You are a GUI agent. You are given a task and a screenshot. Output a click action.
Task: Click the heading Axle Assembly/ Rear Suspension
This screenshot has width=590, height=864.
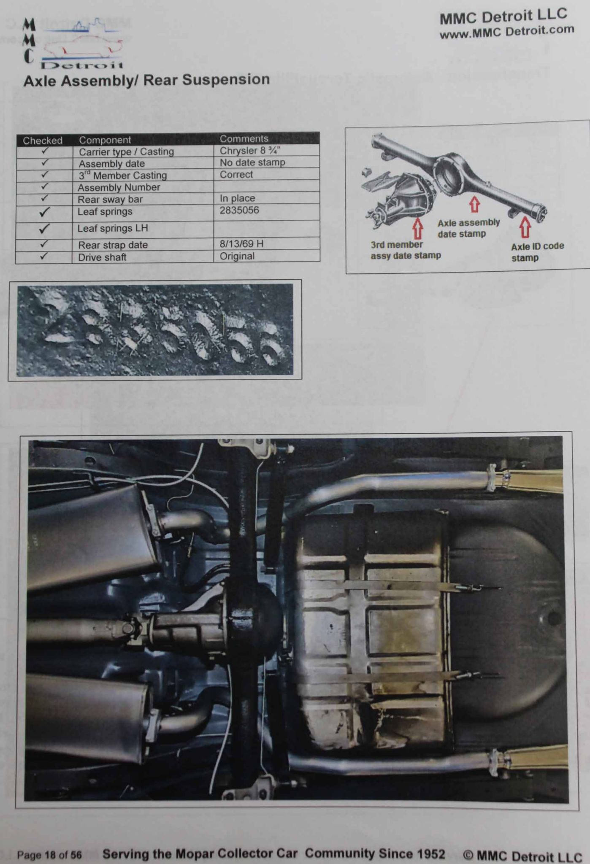point(146,80)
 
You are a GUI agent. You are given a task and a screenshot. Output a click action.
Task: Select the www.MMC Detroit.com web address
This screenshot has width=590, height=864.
point(507,32)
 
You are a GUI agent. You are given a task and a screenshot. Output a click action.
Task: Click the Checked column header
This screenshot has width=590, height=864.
point(43,140)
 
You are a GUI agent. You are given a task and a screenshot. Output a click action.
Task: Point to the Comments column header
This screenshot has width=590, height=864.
point(244,139)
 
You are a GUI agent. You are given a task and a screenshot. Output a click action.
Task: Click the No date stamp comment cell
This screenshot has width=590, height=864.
point(252,162)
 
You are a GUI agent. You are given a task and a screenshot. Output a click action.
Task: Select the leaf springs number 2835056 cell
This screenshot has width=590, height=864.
point(239,210)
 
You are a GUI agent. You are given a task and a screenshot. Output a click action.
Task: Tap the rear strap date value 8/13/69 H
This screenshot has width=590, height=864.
point(242,244)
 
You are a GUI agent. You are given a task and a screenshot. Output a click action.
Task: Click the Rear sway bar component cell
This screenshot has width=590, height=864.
point(110,199)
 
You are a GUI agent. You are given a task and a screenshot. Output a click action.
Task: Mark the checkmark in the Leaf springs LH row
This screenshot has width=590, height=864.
point(44,229)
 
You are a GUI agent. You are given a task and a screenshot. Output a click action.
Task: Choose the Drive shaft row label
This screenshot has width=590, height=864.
point(102,257)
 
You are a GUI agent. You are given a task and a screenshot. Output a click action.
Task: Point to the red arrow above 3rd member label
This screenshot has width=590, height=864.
point(418,228)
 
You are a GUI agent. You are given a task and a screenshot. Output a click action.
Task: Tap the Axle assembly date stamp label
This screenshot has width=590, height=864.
point(468,228)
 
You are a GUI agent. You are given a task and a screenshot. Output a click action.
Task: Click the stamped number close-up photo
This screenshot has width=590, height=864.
point(154,330)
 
